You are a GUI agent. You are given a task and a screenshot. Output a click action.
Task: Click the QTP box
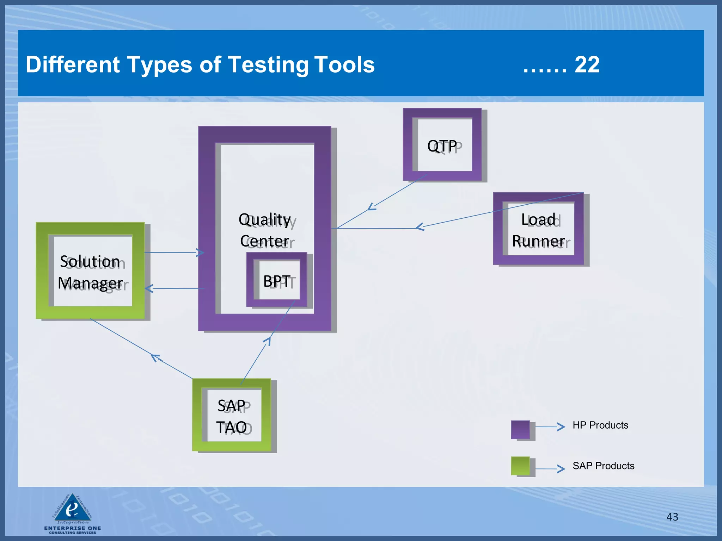(442, 145)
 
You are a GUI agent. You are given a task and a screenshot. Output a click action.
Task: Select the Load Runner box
(538, 229)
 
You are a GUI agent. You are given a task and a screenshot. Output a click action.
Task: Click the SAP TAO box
(232, 416)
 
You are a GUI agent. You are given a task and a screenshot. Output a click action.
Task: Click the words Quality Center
(264, 230)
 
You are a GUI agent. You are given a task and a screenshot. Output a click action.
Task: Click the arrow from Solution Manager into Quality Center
(200, 253)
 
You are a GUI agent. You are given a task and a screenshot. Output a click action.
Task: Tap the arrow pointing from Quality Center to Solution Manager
(148, 288)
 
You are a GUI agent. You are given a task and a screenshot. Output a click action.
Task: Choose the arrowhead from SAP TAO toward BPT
(268, 340)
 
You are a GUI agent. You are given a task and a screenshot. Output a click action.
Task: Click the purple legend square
(520, 429)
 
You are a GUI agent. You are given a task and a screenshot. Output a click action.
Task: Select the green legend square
(520, 466)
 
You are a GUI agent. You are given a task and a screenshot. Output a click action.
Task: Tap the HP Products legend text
(600, 425)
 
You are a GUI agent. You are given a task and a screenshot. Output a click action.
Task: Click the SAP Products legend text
(603, 466)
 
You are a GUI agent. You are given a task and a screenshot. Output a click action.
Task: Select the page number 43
(672, 517)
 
